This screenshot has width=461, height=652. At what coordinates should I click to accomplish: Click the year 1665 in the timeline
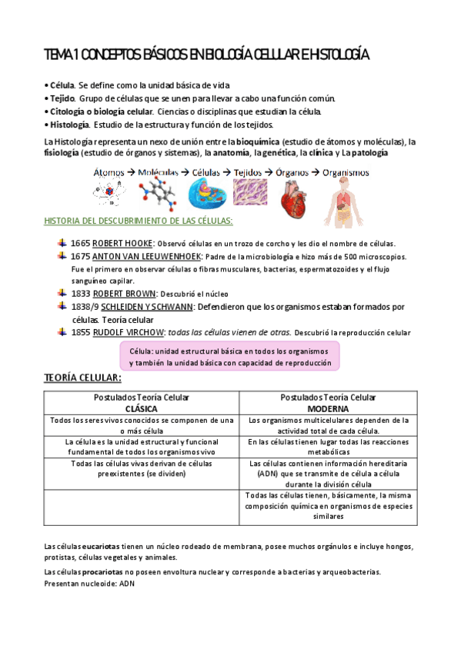coord(80,243)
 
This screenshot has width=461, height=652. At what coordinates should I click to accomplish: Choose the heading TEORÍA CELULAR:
coord(82,378)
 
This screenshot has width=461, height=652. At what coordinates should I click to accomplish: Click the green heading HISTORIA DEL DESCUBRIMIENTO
coord(139,221)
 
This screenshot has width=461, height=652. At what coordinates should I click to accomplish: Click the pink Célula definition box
coord(229,356)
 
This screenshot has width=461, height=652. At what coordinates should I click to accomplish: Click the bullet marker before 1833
coord(62,293)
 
